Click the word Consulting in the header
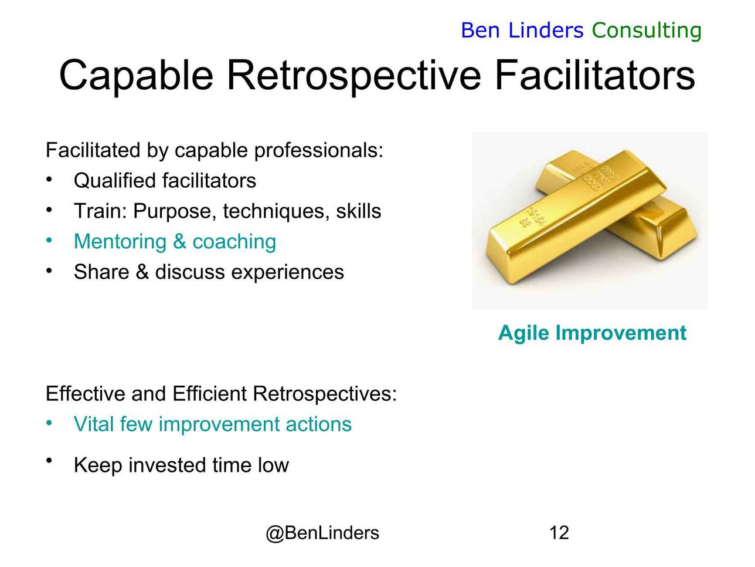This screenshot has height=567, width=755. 647,31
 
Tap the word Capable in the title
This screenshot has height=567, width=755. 136,75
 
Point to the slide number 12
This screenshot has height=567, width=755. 559,532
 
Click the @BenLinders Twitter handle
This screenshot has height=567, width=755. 322,533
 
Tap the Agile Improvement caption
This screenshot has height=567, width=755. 592,333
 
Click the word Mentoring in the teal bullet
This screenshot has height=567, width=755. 120,241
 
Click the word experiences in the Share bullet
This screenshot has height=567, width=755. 287,272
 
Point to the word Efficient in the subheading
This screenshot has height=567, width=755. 209,393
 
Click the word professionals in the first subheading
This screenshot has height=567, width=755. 318,150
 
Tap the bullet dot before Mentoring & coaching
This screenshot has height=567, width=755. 49,240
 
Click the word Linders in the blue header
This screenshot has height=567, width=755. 546,31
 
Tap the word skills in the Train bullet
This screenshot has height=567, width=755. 359,211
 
